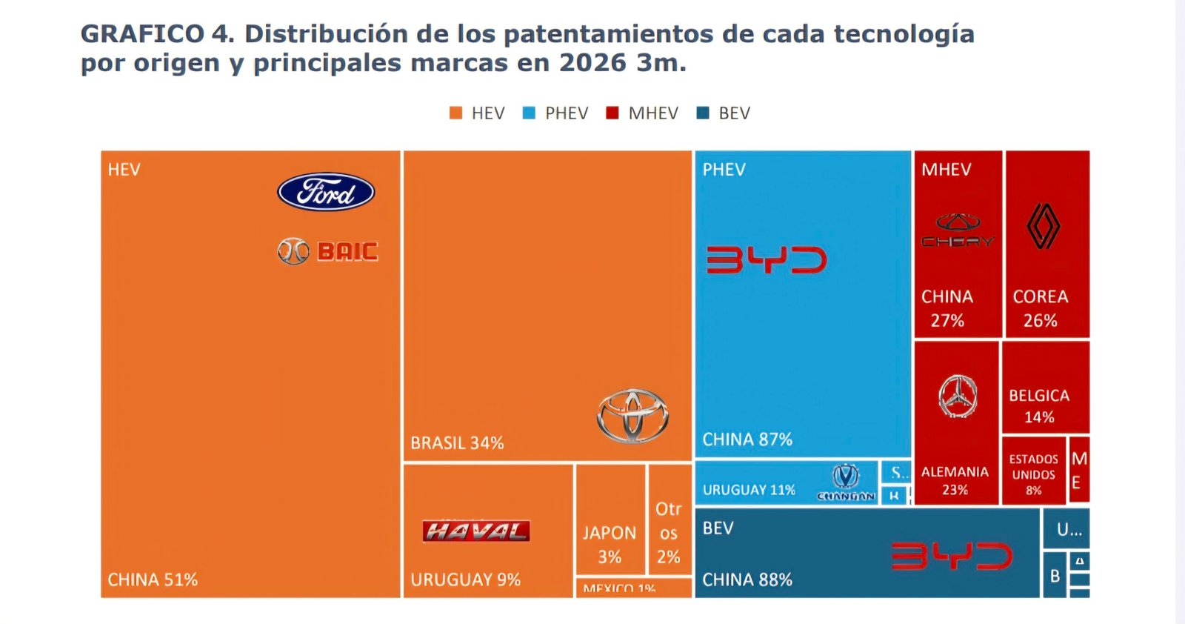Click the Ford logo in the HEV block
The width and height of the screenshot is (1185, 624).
click(x=326, y=192)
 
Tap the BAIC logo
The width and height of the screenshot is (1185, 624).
click(x=328, y=252)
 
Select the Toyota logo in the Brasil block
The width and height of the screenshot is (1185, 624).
click(x=632, y=416)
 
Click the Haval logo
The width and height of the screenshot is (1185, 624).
click(x=475, y=531)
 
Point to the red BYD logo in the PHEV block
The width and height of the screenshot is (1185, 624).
click(x=766, y=260)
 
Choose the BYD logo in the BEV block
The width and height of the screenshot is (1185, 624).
click(x=951, y=557)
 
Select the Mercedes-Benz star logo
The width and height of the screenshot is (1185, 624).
click(x=958, y=396)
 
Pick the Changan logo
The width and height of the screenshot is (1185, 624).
click(x=846, y=482)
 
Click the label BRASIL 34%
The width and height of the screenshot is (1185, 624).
click(x=457, y=443)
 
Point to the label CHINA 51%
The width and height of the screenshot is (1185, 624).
click(x=153, y=580)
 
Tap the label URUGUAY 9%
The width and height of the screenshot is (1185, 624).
click(x=465, y=580)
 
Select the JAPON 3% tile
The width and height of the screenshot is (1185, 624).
click(x=610, y=544)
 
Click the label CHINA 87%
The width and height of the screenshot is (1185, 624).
click(x=747, y=439)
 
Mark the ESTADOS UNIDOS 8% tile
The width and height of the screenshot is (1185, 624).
click(x=1033, y=474)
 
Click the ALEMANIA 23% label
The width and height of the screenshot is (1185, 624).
click(x=955, y=480)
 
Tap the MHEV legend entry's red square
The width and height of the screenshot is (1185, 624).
click(x=612, y=113)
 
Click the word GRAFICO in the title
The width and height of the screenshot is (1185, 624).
click(x=141, y=34)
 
